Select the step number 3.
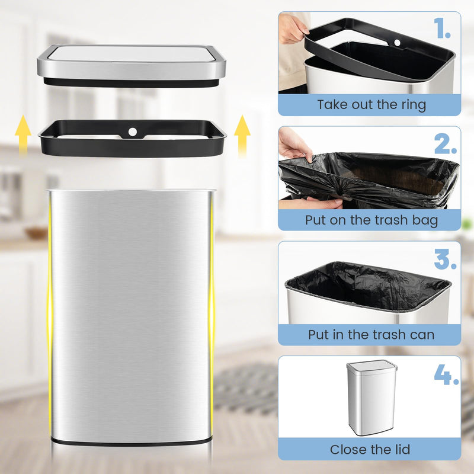click(445, 259)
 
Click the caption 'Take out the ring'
click(371, 105)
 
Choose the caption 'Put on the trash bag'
click(371, 220)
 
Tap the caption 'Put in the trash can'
click(371, 335)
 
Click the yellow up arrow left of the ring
click(23, 135)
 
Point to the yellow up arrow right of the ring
click(242, 135)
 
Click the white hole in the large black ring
click(133, 130)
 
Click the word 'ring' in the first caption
click(412, 105)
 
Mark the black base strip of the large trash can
click(132, 441)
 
